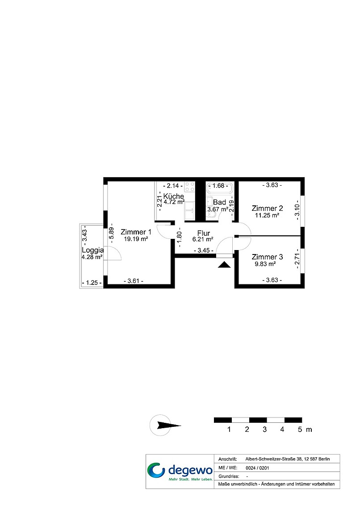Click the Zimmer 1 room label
[x=136, y=232]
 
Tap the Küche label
[x=174, y=196]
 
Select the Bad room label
[x=219, y=202]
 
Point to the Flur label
[x=204, y=233]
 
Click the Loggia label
[x=93, y=250]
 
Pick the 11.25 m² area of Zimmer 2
[x=267, y=215]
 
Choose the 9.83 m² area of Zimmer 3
[x=265, y=264]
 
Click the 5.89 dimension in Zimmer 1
[x=111, y=233]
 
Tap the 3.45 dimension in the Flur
[x=204, y=250]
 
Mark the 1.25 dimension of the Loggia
[x=92, y=283]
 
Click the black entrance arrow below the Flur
[x=224, y=265]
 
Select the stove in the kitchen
[x=189, y=187]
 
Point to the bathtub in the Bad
[x=220, y=188]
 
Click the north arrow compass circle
[x=160, y=425]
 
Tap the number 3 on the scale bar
[x=264, y=430]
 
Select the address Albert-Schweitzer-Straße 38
[x=274, y=459]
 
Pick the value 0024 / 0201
[x=257, y=468]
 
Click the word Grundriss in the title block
[x=229, y=476]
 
